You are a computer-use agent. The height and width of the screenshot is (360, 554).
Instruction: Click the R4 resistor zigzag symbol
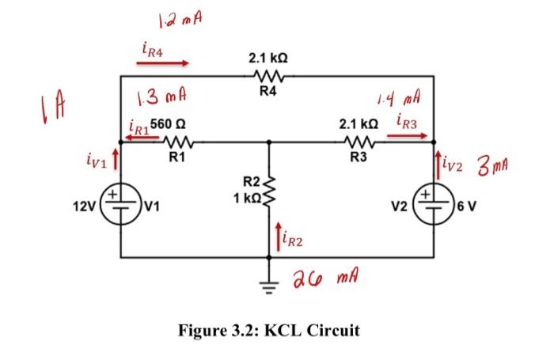(x=268, y=75)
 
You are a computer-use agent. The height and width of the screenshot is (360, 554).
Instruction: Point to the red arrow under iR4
(x=165, y=63)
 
